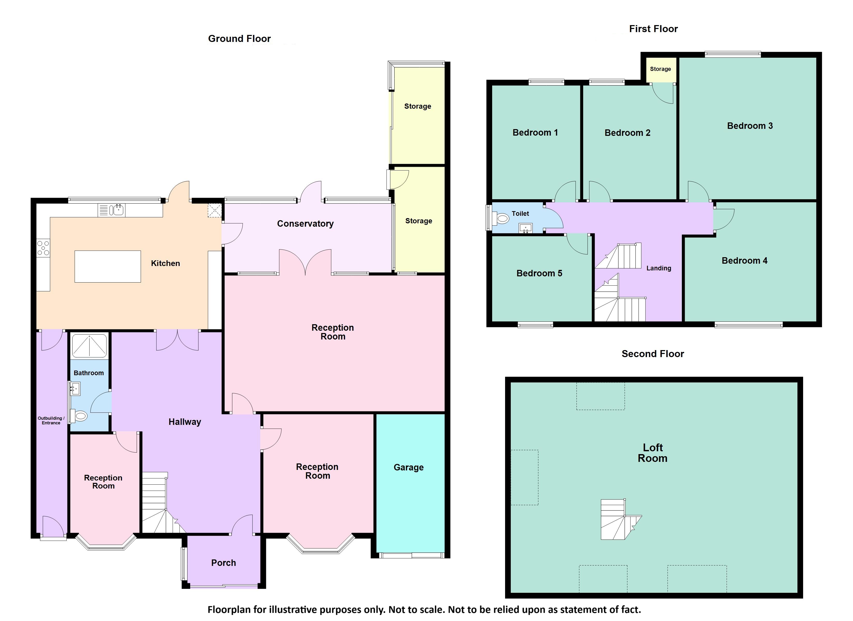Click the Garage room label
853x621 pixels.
408,467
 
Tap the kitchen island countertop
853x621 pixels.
108,266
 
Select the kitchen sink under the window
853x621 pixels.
117,210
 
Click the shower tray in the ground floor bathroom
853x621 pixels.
89,345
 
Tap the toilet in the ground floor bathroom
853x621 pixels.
79,416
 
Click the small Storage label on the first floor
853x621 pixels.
660,69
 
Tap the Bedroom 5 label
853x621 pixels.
539,273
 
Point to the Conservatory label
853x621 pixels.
305,224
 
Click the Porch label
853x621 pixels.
223,563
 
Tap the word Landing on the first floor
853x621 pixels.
659,268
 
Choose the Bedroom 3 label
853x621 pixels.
750,126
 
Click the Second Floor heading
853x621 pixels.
653,354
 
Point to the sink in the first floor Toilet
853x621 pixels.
526,228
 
